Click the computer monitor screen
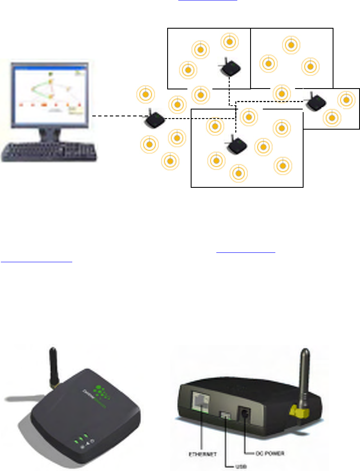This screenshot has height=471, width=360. (48, 93)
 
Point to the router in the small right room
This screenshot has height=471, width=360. (317, 102)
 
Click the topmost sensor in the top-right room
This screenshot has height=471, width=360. (291, 44)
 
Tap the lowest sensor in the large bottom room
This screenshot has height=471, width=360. (239, 173)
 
